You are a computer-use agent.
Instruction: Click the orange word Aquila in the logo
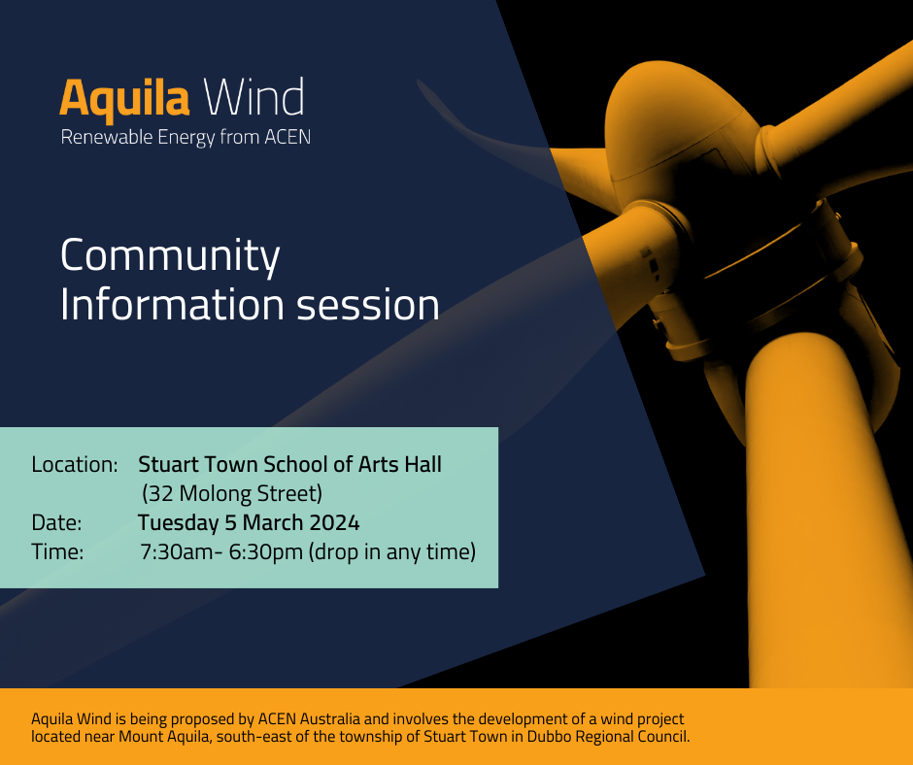[x=124, y=99]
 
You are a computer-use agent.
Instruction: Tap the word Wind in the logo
[x=254, y=99]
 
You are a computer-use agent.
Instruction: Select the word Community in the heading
[x=170, y=256]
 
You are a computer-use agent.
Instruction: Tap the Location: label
[x=75, y=464]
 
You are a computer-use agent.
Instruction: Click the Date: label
[x=56, y=523]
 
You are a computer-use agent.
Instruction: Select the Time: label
[x=57, y=552]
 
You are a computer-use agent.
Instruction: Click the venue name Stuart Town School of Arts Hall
[x=289, y=464]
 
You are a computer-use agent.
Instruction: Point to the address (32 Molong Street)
[x=231, y=493]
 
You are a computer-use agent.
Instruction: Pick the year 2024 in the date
[x=334, y=523]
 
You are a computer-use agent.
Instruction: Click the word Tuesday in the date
[x=178, y=523]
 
